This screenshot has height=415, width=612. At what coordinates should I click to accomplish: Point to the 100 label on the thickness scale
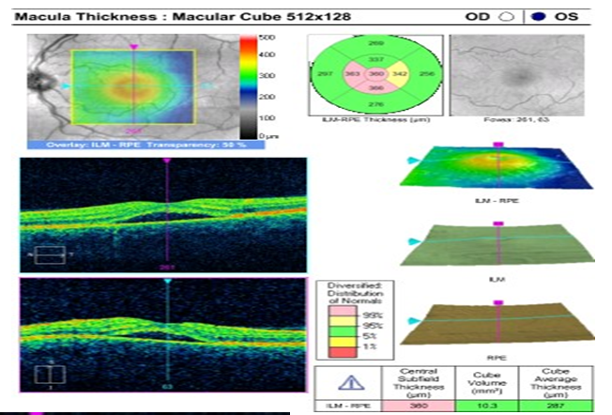tap(267, 117)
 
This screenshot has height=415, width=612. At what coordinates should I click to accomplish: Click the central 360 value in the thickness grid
tap(376, 72)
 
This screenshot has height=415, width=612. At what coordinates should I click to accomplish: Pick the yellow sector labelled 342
tap(399, 72)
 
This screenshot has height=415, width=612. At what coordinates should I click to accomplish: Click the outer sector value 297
tap(325, 72)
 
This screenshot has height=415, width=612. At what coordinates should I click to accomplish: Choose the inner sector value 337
tap(376, 58)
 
